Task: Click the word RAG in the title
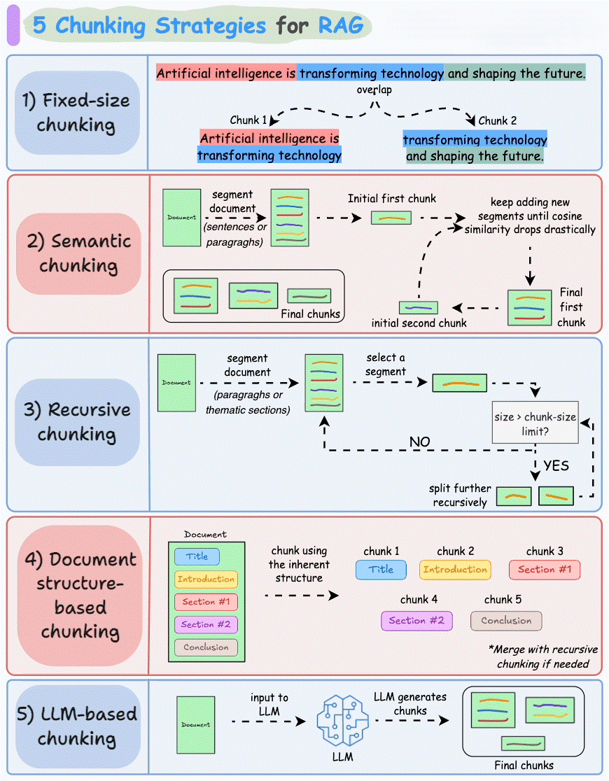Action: point(341,26)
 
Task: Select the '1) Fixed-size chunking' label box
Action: point(77,113)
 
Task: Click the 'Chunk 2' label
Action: point(498,120)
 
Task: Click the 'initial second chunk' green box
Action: point(419,307)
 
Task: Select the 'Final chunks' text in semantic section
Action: point(310,314)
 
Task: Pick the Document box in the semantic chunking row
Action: point(181,218)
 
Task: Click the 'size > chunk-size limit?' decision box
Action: point(535,423)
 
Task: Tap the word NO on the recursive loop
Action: point(419,442)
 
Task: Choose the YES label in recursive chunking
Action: point(556,465)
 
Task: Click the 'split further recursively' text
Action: point(460,495)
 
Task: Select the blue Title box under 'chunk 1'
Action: point(381,570)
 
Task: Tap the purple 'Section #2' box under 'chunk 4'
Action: point(416,621)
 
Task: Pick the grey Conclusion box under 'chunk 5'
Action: point(506,621)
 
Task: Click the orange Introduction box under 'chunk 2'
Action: point(455,570)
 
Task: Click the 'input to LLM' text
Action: point(269,705)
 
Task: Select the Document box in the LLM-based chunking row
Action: point(195,724)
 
